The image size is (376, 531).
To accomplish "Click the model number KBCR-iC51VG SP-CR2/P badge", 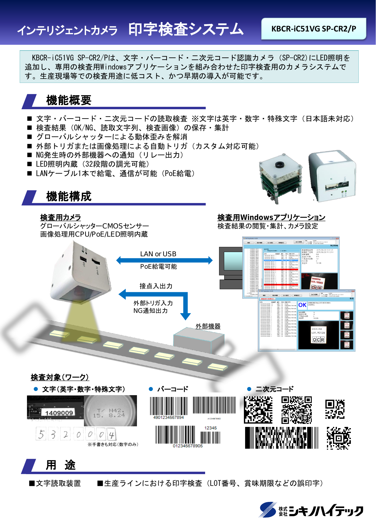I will tap(314, 29).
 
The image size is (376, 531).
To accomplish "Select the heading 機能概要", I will tap(69, 100).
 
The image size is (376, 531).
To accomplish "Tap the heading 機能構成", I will tap(69, 196).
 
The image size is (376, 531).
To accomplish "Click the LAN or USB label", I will tap(158, 254).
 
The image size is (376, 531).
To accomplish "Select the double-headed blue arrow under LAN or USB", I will tap(165, 260).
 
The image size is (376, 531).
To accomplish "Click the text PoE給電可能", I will tap(158, 267).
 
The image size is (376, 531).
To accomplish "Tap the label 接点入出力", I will tap(156, 286).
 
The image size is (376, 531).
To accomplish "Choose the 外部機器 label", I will tap(208, 326).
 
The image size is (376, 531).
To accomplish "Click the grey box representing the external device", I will tap(198, 340).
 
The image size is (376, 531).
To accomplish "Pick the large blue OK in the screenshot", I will tap(302, 305).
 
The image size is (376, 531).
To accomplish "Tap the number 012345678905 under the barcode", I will tap(188, 446).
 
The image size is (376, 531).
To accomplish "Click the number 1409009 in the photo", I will tap(59, 413).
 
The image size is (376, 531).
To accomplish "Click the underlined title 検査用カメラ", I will tap(61, 218).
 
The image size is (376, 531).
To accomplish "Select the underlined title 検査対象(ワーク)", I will tap(60, 377).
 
